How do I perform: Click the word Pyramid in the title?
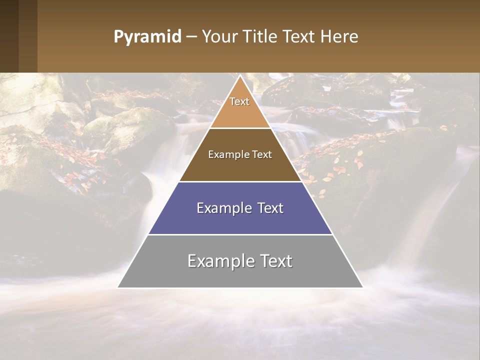147,37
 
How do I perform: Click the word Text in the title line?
300,36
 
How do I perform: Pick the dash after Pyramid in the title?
191,37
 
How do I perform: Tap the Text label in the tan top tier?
239,101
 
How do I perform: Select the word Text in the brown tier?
262,154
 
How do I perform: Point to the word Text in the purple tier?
270,208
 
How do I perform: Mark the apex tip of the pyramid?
240,76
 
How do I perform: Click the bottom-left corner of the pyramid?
118,287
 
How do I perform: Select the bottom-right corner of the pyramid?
362,287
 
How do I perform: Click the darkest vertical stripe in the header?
9,36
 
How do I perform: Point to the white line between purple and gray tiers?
240,234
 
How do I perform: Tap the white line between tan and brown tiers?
240,128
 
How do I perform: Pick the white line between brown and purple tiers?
240,181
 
